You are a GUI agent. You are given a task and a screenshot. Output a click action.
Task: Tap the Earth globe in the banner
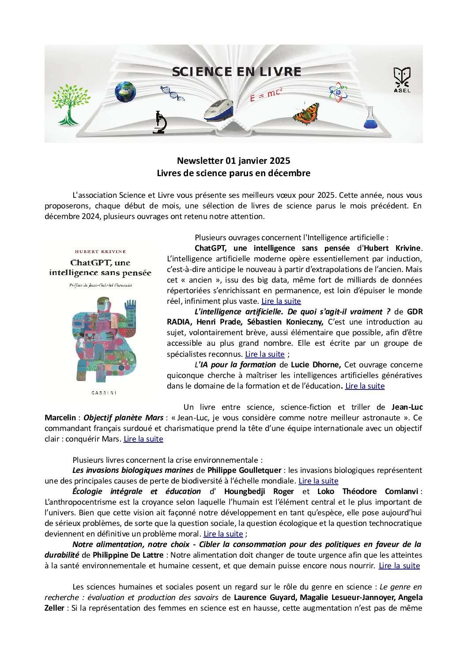coord(125,92)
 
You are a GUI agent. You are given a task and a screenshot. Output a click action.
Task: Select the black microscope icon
coord(159,122)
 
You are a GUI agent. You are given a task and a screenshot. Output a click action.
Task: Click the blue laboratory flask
coord(371,118)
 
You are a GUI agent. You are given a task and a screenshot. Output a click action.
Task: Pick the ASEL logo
coord(402,80)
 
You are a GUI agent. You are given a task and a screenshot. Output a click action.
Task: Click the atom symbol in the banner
coord(338,92)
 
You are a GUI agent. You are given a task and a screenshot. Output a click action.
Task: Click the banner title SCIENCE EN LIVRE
coord(237,72)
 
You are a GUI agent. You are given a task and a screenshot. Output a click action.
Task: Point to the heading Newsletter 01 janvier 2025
coord(233,161)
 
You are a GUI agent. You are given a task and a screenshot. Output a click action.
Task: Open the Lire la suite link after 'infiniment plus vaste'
coord(281,301)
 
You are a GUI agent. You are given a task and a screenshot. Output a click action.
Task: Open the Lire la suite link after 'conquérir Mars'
coord(143,439)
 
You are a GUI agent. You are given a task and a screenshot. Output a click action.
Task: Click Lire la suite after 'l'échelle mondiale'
coord(318,481)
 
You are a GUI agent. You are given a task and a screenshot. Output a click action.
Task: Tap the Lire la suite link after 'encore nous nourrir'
coord(399,566)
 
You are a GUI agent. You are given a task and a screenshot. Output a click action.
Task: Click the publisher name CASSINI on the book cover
coord(104,393)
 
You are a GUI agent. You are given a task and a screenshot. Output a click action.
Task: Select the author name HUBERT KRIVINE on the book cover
coord(100,252)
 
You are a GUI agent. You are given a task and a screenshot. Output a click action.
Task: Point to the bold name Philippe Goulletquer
coord(244,470)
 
